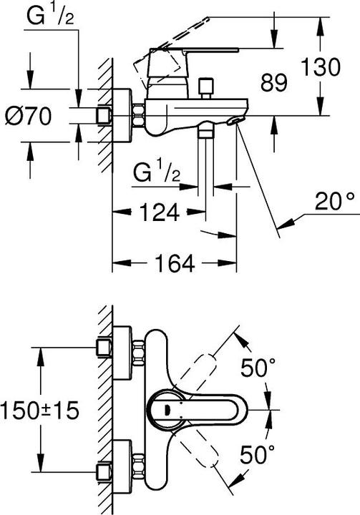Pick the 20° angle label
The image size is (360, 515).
coord(333,205)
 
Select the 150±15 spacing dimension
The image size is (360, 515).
coord(39,411)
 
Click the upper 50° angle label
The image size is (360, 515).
coord(258,369)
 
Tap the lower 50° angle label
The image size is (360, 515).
coord(258,453)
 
